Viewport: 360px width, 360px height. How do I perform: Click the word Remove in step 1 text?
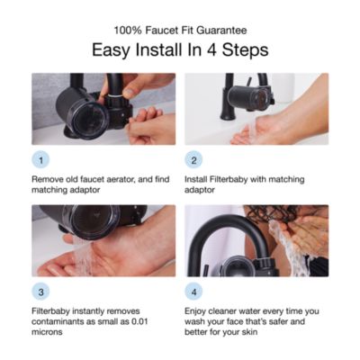[x=50, y=180]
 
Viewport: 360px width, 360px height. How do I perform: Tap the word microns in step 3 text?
[x=49, y=332]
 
